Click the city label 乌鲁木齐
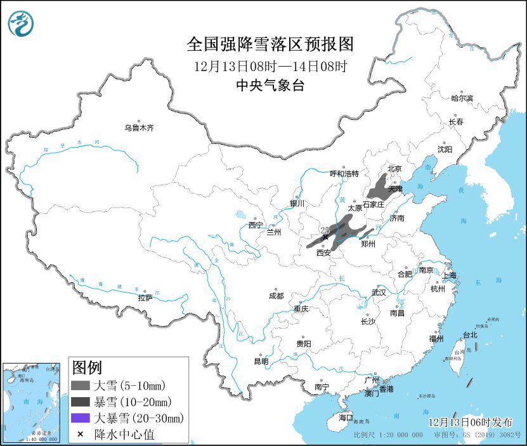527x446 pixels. pyautogui.click(x=139, y=128)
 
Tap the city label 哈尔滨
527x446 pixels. pyautogui.click(x=462, y=98)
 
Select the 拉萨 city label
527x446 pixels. pyautogui.click(x=145, y=298)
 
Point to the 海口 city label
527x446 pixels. pyautogui.click(x=345, y=417)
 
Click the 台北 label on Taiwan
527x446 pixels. pyautogui.click(x=469, y=334)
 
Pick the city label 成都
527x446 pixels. pyautogui.click(x=276, y=296)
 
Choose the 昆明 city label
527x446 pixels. pyautogui.click(x=261, y=361)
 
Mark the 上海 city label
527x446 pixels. pyautogui.click(x=449, y=275)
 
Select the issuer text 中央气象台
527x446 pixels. pyautogui.click(x=270, y=86)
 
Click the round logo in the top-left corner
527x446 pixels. pyautogui.click(x=21, y=23)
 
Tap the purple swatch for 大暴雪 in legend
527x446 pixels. pyautogui.click(x=80, y=418)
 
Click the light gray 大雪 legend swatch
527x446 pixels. pyautogui.click(x=80, y=385)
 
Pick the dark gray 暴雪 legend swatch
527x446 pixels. pyautogui.click(x=80, y=402)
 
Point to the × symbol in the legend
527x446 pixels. pyautogui.click(x=80, y=435)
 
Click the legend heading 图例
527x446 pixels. pyautogui.click(x=87, y=367)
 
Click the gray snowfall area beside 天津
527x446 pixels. pyautogui.click(x=379, y=188)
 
